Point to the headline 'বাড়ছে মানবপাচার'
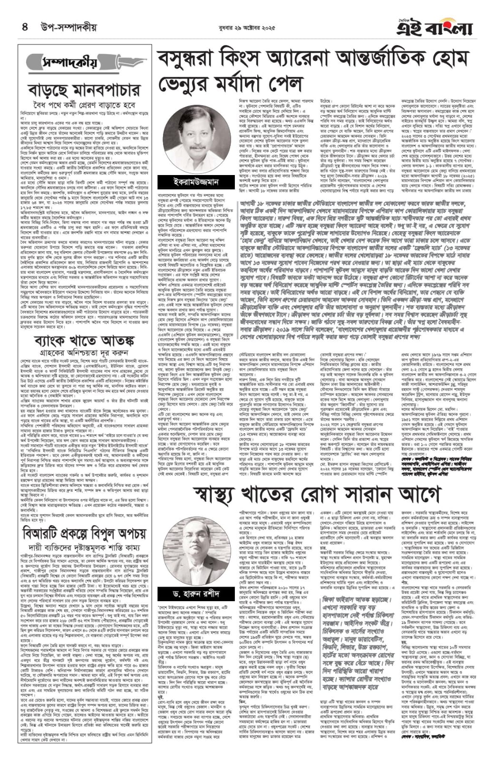point(84,90)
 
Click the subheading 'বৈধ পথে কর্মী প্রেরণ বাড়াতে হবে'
point(84,104)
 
